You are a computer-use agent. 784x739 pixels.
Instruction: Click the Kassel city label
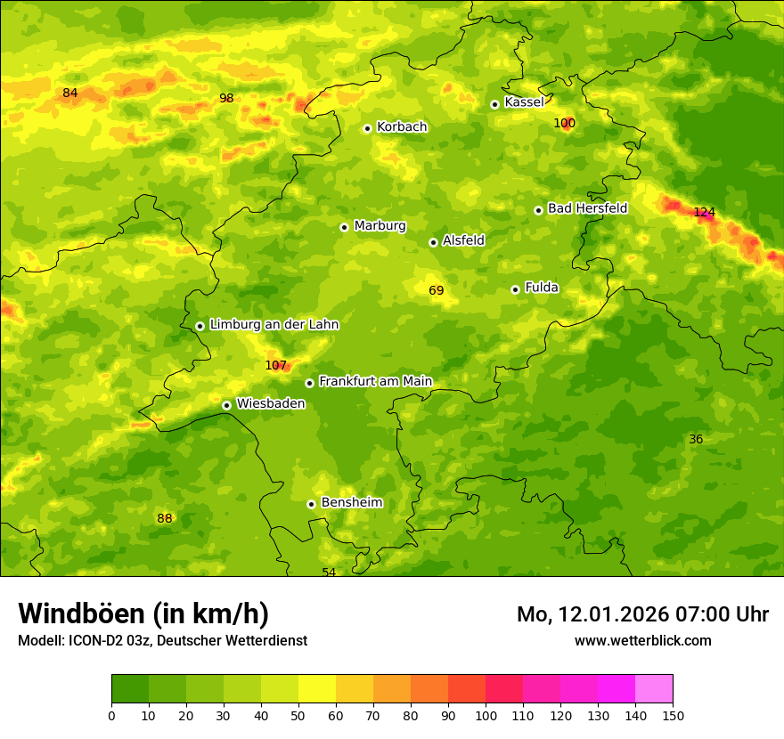click(x=524, y=102)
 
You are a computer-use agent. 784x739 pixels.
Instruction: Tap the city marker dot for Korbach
click(x=367, y=128)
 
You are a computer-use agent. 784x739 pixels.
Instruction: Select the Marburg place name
click(x=380, y=226)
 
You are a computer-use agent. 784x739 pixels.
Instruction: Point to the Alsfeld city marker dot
click(x=433, y=242)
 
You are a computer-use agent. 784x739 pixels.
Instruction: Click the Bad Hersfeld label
click(x=587, y=208)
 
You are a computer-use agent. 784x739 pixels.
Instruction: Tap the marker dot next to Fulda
click(x=515, y=289)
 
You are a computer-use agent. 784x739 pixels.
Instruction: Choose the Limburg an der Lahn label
click(x=274, y=325)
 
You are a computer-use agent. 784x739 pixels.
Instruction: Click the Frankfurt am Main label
click(x=375, y=382)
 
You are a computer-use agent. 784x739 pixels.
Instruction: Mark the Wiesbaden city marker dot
click(x=226, y=405)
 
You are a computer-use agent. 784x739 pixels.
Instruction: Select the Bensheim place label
click(x=351, y=503)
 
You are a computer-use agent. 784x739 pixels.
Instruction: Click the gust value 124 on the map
click(x=704, y=212)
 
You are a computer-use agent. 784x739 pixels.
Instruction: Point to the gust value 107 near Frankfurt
click(x=276, y=365)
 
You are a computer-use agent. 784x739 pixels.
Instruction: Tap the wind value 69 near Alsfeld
click(x=436, y=290)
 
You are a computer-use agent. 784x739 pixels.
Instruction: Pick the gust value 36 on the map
click(x=696, y=439)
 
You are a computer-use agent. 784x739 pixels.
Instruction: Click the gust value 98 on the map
click(x=226, y=98)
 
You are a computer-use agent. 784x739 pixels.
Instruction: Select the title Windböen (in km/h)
click(x=143, y=613)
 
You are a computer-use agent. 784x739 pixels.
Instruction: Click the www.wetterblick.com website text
click(x=642, y=640)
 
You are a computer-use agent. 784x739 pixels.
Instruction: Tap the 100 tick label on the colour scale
click(x=486, y=715)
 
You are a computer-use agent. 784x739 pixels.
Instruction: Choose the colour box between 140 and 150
click(x=654, y=689)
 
